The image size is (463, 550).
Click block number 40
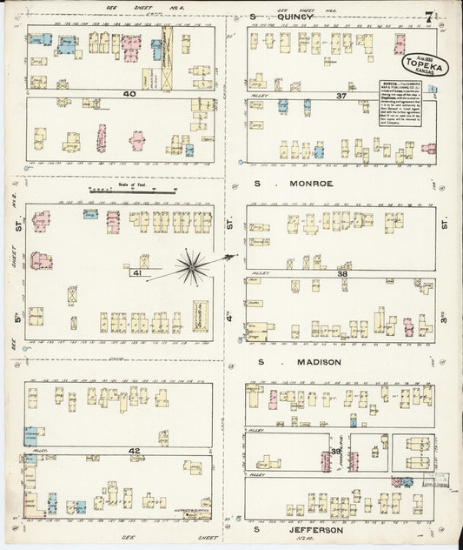point(130,94)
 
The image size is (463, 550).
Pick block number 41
point(136,272)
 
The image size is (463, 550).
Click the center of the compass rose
point(193,265)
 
